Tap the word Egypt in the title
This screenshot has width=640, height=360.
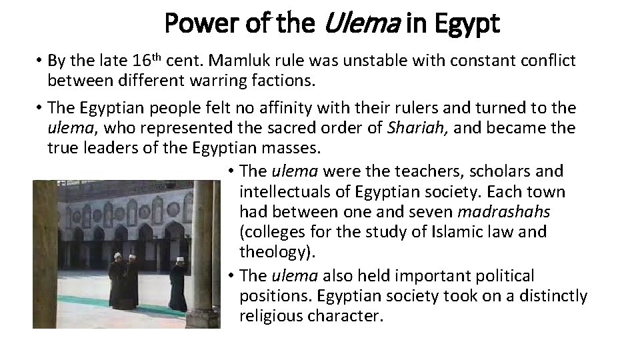[467, 25]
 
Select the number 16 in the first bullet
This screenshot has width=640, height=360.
[139, 61]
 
